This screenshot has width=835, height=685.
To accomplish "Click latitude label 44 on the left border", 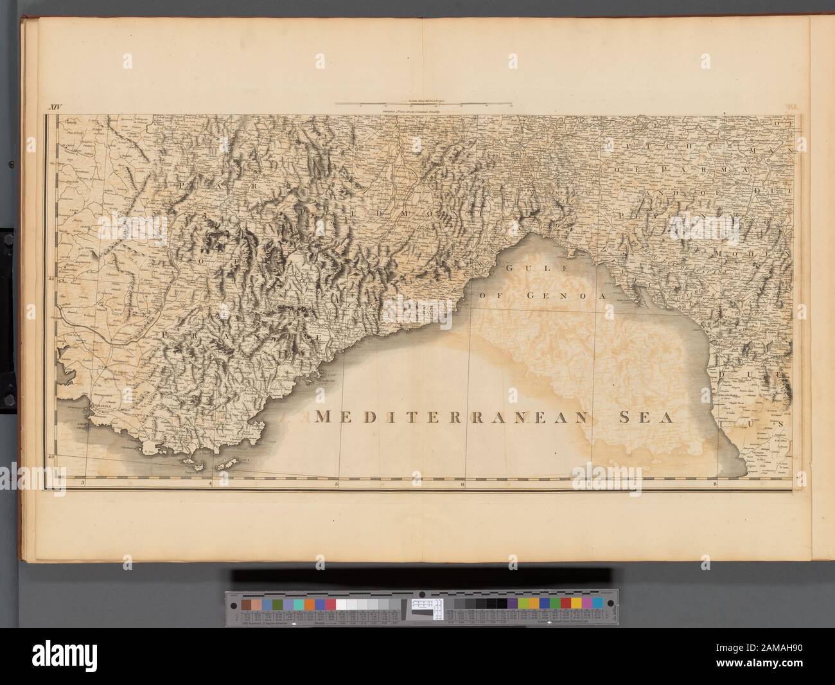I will click(51, 279).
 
